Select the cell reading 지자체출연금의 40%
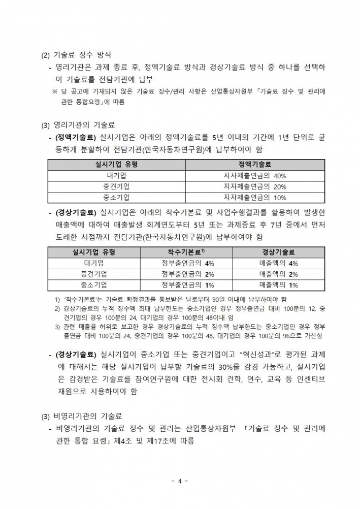(254, 176)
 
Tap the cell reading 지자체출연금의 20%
(254, 186)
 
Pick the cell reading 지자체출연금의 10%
(254, 197)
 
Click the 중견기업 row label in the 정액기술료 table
(116, 186)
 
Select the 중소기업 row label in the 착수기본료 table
(94, 285)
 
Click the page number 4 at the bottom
(180, 481)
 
